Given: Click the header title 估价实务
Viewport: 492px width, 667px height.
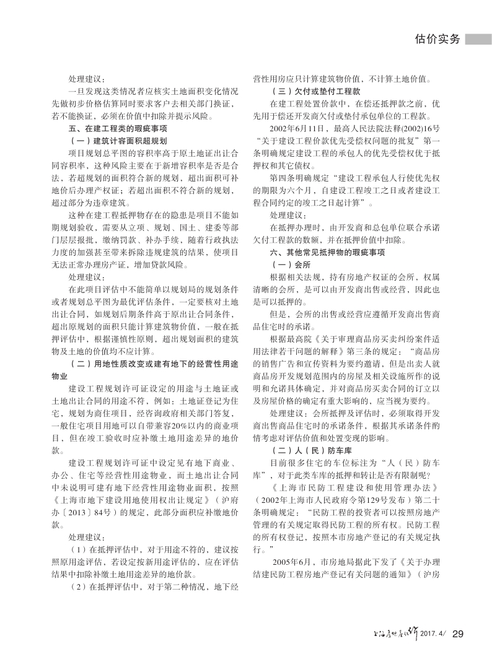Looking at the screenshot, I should (437, 38).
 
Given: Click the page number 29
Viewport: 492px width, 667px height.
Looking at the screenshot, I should (459, 633).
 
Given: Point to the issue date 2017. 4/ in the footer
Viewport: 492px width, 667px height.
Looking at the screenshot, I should (433, 634).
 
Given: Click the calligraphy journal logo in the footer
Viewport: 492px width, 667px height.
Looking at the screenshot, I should (397, 632).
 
